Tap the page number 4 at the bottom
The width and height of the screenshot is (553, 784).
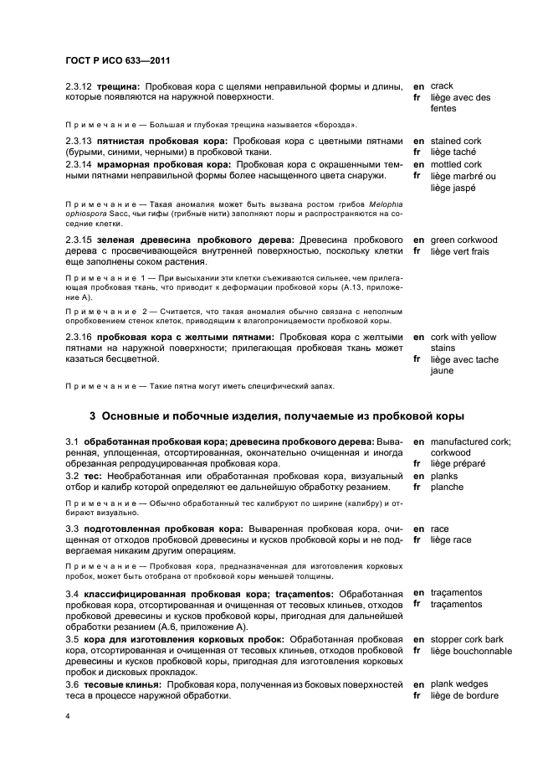(x=69, y=716)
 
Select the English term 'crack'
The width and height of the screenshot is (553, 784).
(x=442, y=85)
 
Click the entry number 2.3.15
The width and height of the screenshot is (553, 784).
(x=79, y=240)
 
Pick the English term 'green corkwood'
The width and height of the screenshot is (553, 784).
(x=463, y=240)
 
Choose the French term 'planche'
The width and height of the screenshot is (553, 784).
(x=448, y=487)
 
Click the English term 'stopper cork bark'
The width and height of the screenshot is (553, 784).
(x=468, y=639)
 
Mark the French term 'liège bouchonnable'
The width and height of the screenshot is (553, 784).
(x=470, y=651)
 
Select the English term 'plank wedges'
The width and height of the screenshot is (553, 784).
(x=459, y=684)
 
